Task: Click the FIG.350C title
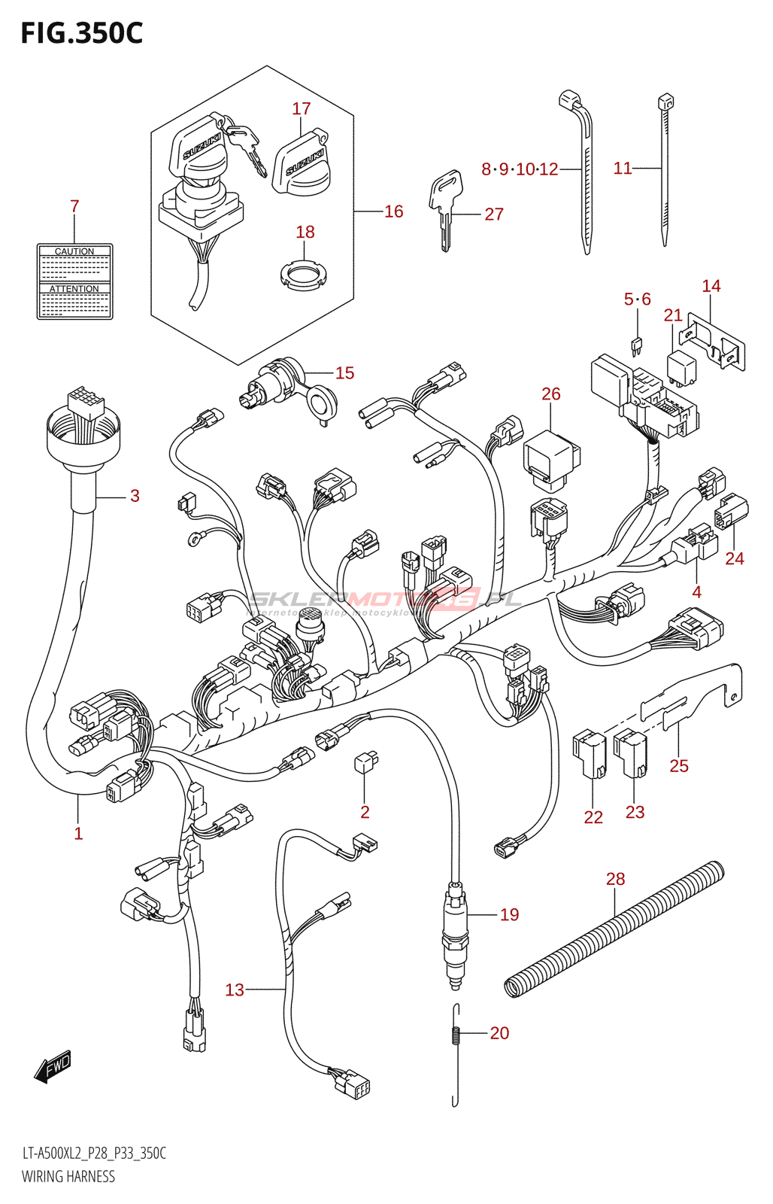(81, 33)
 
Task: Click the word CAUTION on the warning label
(74, 251)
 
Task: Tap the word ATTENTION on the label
(74, 289)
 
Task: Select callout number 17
(302, 109)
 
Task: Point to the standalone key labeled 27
(444, 207)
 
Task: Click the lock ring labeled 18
(305, 275)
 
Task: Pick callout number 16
(394, 211)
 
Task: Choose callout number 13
(235, 990)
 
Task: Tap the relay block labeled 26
(551, 455)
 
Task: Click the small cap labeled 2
(365, 762)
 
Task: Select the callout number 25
(679, 766)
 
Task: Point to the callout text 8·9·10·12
(520, 169)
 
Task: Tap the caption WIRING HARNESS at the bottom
(68, 1176)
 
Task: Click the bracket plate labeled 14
(718, 341)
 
